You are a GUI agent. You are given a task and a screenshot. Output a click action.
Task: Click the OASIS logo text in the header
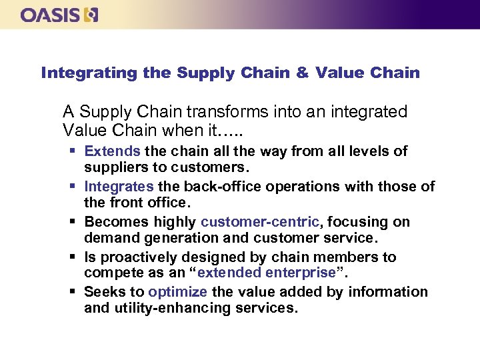[51, 15]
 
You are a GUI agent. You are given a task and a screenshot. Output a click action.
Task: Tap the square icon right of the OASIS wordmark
[91, 15]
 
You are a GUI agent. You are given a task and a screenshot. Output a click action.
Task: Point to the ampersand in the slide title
[302, 73]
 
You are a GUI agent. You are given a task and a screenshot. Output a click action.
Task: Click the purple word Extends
[112, 151]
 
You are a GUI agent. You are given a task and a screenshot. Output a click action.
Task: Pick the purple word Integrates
[118, 187]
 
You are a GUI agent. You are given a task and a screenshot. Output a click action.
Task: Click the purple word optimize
[177, 292]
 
